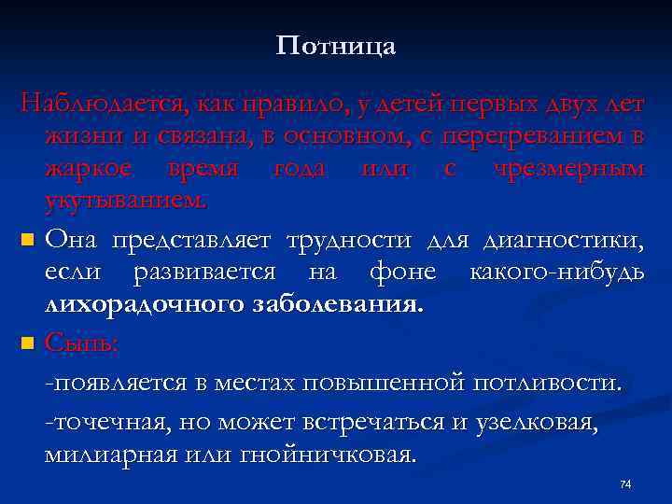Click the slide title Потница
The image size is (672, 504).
(x=336, y=47)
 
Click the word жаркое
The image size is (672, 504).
(x=91, y=169)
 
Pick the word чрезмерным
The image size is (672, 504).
(x=579, y=169)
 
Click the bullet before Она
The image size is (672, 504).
(x=28, y=241)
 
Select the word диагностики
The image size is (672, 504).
(x=563, y=241)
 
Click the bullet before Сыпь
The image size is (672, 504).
(x=28, y=343)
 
